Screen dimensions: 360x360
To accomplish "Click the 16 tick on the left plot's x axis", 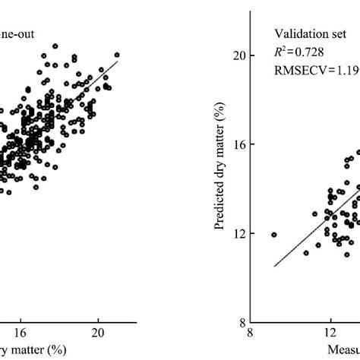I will click(21, 332).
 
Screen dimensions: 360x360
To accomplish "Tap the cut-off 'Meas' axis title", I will click(345, 349).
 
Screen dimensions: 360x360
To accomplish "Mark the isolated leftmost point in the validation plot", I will click(273, 235).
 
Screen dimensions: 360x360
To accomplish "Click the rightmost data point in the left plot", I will click(117, 55).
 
